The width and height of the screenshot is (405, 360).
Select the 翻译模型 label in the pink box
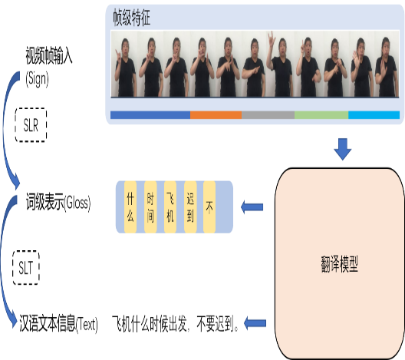click(x=339, y=264)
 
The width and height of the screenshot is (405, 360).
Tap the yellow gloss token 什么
click(x=130, y=207)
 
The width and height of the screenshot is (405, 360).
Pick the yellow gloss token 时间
click(x=150, y=207)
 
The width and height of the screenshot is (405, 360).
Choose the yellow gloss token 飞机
click(x=170, y=207)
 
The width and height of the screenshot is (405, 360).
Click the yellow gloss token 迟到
click(x=190, y=207)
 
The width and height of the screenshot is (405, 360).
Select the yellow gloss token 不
click(x=209, y=207)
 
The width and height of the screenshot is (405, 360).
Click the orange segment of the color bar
click(x=216, y=115)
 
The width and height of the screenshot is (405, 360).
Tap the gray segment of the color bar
click(x=268, y=115)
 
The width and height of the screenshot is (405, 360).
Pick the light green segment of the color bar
click(x=321, y=115)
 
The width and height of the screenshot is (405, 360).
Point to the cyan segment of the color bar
click(x=374, y=115)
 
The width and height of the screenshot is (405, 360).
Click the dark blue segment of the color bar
click(x=150, y=115)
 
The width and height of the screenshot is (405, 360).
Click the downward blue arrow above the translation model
click(x=343, y=150)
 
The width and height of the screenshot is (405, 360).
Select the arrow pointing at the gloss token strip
click(x=252, y=207)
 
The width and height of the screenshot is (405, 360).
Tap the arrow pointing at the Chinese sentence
click(x=255, y=323)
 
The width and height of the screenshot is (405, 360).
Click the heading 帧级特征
click(x=132, y=18)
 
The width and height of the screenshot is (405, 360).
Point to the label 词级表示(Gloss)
click(x=58, y=203)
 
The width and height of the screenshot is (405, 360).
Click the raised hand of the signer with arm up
click(x=271, y=39)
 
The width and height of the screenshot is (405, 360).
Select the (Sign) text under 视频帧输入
click(x=37, y=79)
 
